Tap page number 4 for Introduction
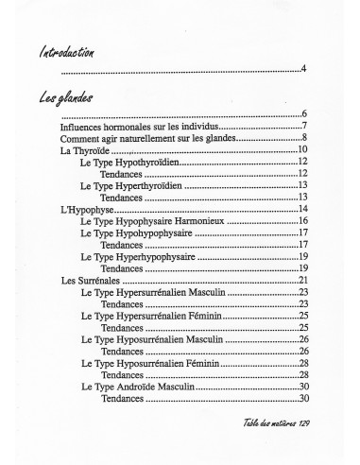(304, 69)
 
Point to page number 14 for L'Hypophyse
(304, 208)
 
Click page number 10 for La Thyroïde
(304, 149)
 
